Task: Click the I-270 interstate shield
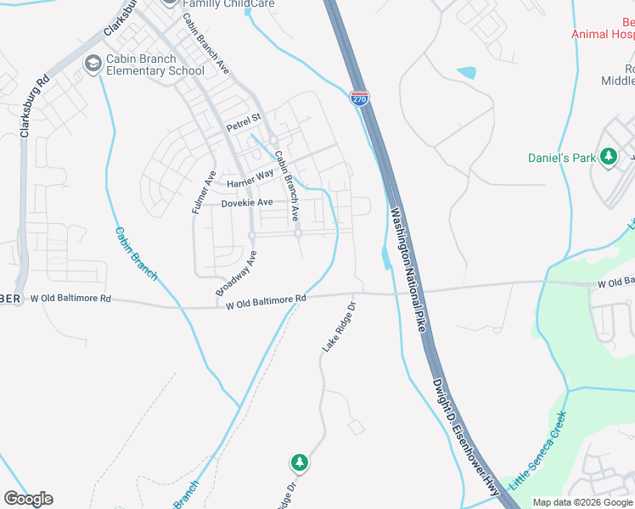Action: click(360, 99)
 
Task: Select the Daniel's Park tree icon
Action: click(608, 157)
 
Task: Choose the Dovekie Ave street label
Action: click(247, 203)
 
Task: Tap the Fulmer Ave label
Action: click(204, 190)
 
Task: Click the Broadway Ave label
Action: click(236, 273)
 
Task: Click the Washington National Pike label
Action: click(407, 268)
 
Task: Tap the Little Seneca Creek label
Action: click(537, 451)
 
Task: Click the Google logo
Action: click(28, 499)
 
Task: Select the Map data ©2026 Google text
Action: click(583, 502)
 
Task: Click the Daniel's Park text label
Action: click(562, 158)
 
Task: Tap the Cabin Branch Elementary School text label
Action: click(155, 65)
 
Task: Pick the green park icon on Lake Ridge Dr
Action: click(299, 462)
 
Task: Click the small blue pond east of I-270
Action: click(466, 73)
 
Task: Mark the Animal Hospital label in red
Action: click(603, 35)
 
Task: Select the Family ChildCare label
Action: click(219, 3)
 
